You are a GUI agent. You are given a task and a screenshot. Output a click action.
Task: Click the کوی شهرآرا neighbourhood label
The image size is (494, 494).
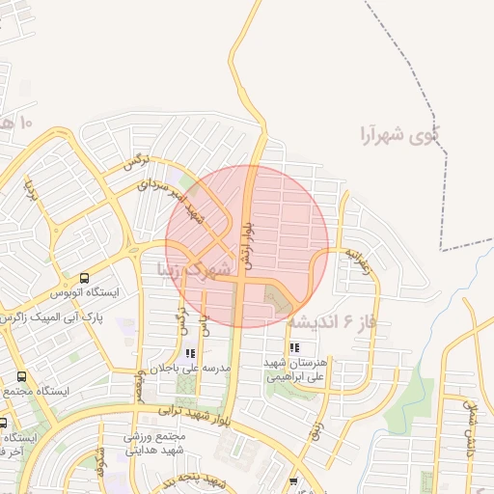[x=397, y=133]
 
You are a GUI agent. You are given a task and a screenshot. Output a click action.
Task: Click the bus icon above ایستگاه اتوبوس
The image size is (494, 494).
[x=85, y=277]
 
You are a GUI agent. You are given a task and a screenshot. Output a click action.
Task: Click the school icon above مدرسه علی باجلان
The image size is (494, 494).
[x=189, y=354]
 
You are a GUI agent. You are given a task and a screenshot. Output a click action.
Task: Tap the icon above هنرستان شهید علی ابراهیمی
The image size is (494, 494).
[x=293, y=347]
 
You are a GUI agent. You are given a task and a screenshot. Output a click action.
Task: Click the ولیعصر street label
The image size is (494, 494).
[x=142, y=384]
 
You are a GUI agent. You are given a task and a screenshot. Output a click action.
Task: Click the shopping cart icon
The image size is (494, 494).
[x=293, y=480]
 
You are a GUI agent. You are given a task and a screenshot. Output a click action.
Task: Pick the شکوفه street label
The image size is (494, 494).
[x=99, y=466]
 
